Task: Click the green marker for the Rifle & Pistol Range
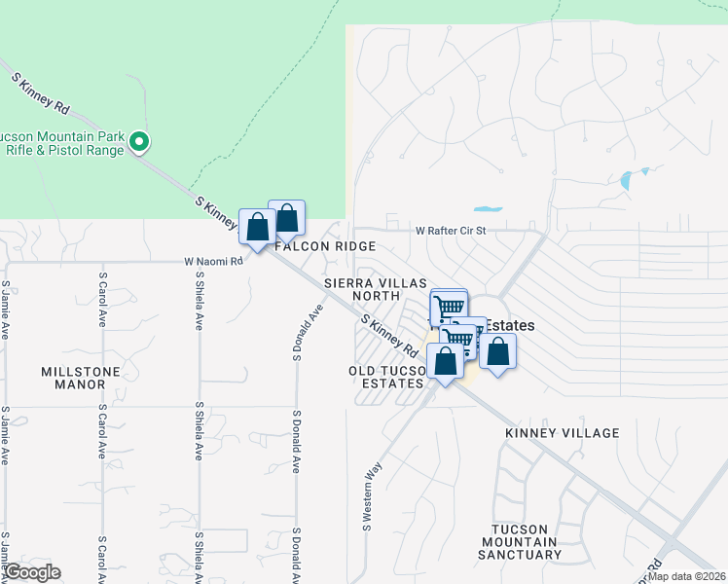point(139,143)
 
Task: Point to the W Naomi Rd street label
point(214,262)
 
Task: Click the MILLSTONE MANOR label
point(73,378)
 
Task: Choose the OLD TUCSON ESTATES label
point(387,377)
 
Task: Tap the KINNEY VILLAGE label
point(562,432)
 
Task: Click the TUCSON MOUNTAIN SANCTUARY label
point(519,541)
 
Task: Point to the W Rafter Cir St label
point(449,232)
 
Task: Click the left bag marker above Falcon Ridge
point(258,229)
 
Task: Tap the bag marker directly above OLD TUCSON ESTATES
point(445,362)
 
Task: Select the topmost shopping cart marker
point(448,307)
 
